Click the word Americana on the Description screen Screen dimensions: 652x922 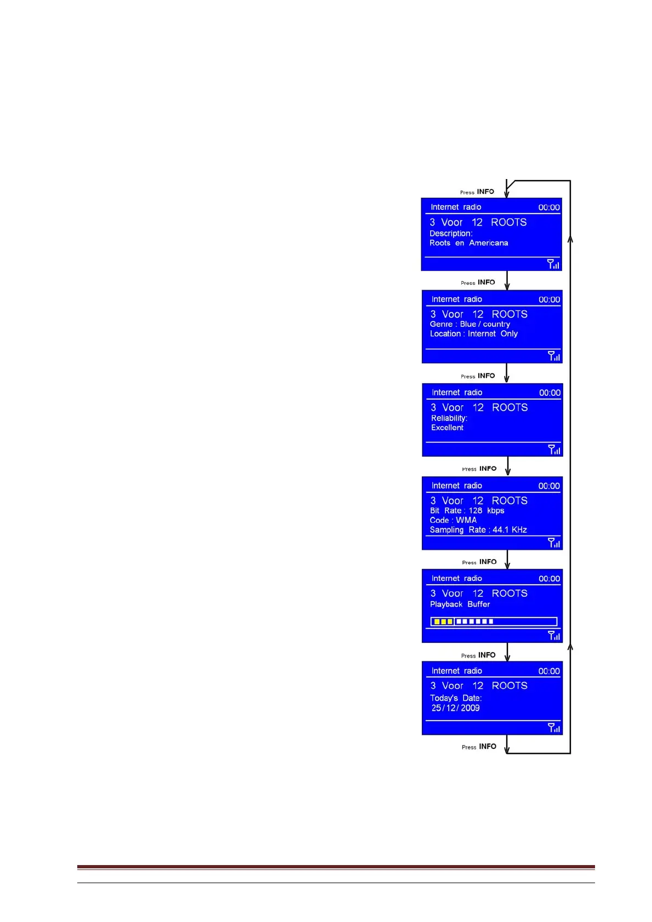coord(488,243)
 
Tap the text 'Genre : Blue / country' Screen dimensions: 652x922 coord(470,324)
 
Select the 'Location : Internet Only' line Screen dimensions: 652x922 coord(473,334)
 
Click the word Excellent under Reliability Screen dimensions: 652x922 coord(447,428)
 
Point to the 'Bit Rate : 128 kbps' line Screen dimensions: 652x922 coord(467,511)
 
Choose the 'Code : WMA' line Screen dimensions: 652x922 coord(453,520)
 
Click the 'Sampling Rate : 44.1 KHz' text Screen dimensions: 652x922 coord(478,530)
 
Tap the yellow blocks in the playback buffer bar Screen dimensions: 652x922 coord(443,621)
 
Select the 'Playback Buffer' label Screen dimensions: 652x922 coord(460,604)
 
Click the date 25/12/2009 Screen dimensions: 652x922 coord(455,708)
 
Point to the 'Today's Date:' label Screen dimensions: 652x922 coord(456,698)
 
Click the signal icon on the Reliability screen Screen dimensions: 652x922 coord(554,450)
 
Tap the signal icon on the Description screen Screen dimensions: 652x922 coord(553,264)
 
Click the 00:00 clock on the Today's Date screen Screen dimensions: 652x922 coord(549,671)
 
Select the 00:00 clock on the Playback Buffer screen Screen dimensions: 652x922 coord(549,579)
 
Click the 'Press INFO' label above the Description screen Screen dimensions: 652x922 coord(477,192)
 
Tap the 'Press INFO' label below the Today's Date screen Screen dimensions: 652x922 coord(479,747)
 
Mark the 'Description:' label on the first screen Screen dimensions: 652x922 coord(451,234)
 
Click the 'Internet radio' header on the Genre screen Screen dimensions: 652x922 coord(456,299)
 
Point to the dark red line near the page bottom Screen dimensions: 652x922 coord(335,867)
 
